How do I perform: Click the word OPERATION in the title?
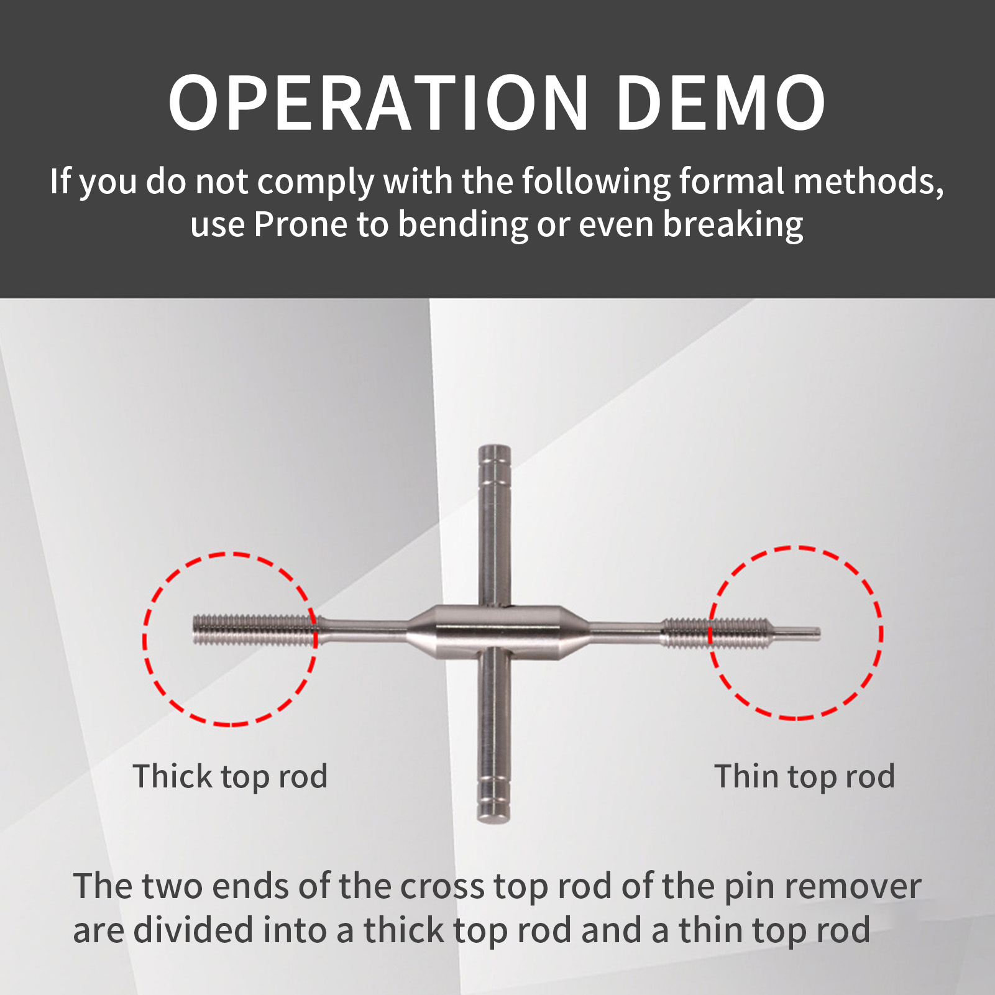[x=378, y=103]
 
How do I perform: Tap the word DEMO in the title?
[x=721, y=103]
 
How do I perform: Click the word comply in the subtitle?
[x=316, y=183]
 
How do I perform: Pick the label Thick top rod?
[x=230, y=777]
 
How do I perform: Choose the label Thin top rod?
[x=805, y=777]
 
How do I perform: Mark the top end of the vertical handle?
[x=495, y=446]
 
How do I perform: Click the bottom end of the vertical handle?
[x=493, y=820]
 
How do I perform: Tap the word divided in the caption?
[x=193, y=930]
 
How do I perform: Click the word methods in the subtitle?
[x=868, y=181]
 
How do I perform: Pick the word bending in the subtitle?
[x=462, y=225]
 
